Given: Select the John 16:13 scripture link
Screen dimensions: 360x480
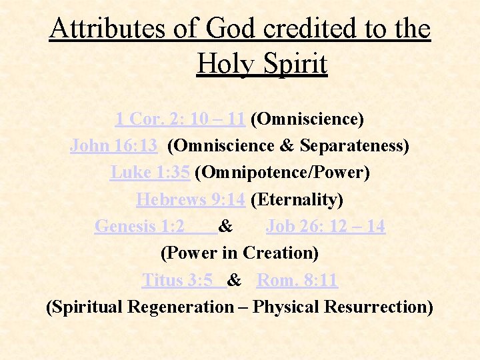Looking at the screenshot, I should click(114, 146).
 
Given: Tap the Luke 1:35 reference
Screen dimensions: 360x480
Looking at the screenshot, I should click(151, 173).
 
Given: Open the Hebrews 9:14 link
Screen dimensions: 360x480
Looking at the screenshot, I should click(191, 199).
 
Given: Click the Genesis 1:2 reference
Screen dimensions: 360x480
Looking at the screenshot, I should click(140, 227).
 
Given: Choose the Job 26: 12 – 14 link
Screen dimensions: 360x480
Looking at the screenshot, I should click(325, 227).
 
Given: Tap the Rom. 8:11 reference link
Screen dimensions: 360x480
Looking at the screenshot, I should click(297, 280).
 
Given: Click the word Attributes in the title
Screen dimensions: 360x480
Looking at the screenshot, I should click(104, 29).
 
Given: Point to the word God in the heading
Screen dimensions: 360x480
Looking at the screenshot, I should click(231, 29).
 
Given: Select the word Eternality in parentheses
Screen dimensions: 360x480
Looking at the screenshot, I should click(297, 199).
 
